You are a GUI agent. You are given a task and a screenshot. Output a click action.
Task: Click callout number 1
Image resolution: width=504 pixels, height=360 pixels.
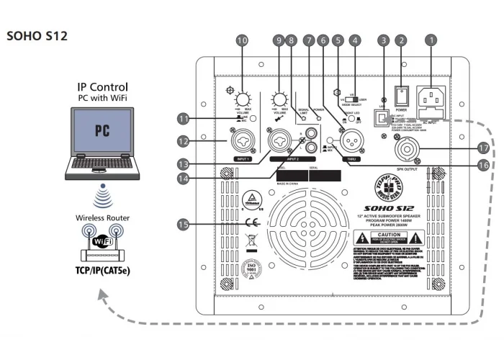pos(431,42)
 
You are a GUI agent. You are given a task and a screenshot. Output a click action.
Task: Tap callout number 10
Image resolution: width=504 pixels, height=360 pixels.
pos(241,42)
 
